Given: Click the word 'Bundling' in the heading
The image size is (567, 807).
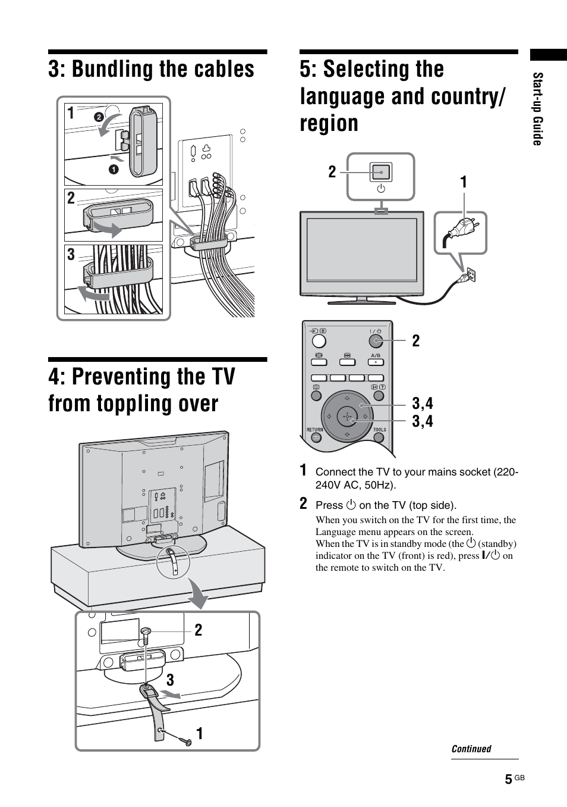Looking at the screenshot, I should pos(113,70).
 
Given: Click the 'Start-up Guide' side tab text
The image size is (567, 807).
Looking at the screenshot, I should pos(537,109).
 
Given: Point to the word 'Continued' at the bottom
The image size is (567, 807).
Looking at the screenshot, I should pos(471,749).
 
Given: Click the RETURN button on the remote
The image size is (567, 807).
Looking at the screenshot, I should pos(316,437).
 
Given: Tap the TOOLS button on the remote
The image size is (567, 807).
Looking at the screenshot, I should pos(379,437).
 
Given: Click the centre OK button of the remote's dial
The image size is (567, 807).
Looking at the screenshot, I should pos(347,416).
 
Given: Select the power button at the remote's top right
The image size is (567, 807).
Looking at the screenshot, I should pos(375,341).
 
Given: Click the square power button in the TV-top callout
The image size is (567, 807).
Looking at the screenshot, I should pos(381,172).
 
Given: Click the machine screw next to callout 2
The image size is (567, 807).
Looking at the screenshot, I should pos(146,634).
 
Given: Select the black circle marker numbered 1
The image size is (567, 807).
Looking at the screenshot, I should pos(114,170).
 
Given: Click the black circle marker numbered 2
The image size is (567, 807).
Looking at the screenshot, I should pos(99,117).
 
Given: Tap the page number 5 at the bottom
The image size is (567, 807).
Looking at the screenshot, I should pos(508,780).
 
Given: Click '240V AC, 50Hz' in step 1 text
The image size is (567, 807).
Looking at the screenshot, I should pos(355,485).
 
